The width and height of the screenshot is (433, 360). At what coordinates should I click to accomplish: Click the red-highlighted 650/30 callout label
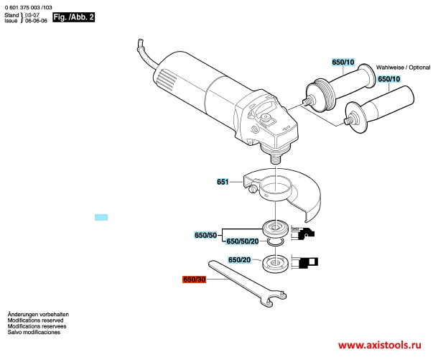(x=194, y=280)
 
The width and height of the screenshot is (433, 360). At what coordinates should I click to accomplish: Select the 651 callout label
(x=223, y=182)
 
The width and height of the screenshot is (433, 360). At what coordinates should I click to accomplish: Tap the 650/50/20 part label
(x=243, y=241)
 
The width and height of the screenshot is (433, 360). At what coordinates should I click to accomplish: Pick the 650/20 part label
(x=239, y=259)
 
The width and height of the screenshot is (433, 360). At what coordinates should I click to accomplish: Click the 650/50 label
(x=206, y=235)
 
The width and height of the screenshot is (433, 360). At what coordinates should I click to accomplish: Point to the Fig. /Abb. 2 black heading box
(x=74, y=17)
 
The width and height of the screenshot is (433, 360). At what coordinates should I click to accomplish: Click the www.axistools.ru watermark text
(x=380, y=345)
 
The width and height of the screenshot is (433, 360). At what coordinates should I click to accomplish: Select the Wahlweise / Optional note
(x=403, y=68)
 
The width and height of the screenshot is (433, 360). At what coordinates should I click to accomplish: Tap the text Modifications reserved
(x=35, y=320)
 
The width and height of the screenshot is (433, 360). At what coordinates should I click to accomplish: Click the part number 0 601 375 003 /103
(x=29, y=7)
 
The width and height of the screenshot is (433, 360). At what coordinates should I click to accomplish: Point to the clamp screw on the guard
(x=253, y=189)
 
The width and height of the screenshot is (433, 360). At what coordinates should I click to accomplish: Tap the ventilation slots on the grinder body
(x=166, y=79)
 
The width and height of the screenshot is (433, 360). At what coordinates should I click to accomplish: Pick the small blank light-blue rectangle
(x=101, y=217)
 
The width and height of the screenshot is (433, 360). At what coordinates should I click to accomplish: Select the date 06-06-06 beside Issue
(x=36, y=21)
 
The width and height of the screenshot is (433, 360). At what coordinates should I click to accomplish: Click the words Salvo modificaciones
(x=34, y=333)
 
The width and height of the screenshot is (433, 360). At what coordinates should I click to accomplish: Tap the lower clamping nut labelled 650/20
(x=275, y=263)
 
